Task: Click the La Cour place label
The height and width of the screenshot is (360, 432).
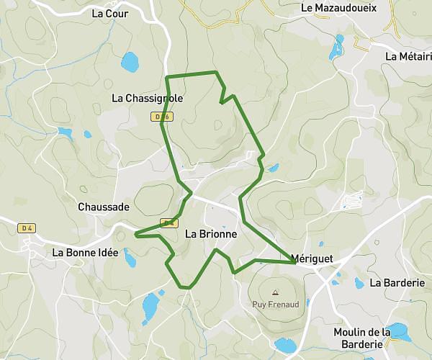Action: (110, 13)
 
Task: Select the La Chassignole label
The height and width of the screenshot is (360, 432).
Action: (148, 98)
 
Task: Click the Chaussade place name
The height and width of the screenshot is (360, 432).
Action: (104, 207)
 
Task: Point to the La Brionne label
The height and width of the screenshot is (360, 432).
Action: (211, 234)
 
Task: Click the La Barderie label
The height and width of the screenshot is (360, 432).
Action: (397, 283)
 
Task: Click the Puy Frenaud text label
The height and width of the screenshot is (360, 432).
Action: (275, 304)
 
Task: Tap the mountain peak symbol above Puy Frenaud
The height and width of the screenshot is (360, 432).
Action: (275, 292)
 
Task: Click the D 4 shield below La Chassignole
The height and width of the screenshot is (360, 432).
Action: (163, 117)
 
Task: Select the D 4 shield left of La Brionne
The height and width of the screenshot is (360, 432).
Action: (169, 223)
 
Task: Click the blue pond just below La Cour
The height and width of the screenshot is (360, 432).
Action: (130, 63)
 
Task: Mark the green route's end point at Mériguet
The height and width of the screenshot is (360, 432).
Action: (294, 263)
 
